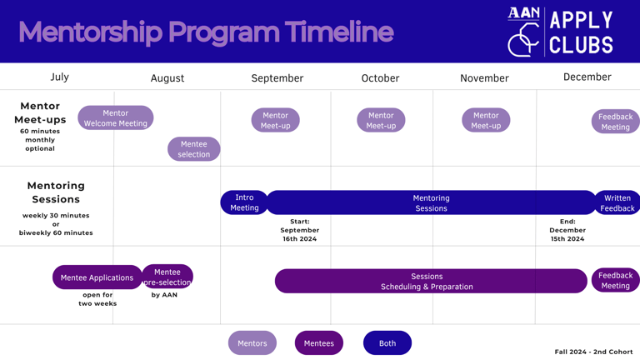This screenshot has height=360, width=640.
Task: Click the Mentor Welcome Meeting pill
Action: [116, 118]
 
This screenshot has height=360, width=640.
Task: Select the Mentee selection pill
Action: [194, 149]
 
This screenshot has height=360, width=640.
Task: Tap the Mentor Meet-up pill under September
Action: [276, 120]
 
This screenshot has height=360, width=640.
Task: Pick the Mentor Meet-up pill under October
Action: [381, 120]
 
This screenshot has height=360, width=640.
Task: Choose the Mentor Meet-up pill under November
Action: [486, 120]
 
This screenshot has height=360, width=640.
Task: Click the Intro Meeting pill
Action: [244, 202]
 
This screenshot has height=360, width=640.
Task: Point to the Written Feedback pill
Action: [617, 202]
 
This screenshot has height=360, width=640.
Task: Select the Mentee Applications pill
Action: [97, 277]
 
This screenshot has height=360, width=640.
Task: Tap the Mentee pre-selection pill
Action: [167, 277]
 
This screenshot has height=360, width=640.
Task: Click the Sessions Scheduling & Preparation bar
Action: [431, 281]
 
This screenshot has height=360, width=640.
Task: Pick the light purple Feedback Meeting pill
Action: [616, 121]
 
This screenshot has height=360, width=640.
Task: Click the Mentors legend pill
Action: [252, 342]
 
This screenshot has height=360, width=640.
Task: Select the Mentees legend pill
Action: [319, 342]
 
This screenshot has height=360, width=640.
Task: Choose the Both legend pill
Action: [387, 342]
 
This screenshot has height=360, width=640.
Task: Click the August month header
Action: [167, 78]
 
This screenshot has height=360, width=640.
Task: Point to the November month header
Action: [484, 78]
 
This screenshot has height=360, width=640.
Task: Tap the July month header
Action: [60, 77]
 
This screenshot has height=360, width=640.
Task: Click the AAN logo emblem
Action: [523, 32]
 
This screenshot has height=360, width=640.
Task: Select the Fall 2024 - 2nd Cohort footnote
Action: [593, 352]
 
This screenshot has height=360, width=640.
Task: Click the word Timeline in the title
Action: [339, 32]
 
